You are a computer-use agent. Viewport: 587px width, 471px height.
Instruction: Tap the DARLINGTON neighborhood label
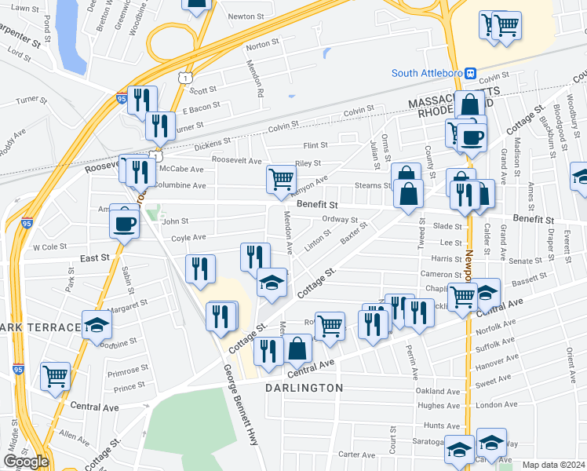304,388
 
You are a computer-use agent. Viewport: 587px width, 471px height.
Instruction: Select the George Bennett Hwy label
240,407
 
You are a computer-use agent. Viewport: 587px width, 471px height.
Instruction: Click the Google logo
25,462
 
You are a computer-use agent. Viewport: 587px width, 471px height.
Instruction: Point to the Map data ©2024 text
553,465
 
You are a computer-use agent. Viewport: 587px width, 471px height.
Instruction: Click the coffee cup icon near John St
125,223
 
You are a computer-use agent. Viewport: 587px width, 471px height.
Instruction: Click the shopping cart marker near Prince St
55,377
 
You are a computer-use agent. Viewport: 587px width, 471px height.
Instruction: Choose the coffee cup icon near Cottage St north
472,137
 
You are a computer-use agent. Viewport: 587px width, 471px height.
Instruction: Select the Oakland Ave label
436,391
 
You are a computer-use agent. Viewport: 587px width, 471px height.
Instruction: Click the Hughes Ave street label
436,405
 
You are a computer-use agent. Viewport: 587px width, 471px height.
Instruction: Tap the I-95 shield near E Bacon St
122,99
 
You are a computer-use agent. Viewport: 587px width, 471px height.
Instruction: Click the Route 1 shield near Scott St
184,77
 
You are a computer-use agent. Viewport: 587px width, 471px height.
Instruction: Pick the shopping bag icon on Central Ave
298,349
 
